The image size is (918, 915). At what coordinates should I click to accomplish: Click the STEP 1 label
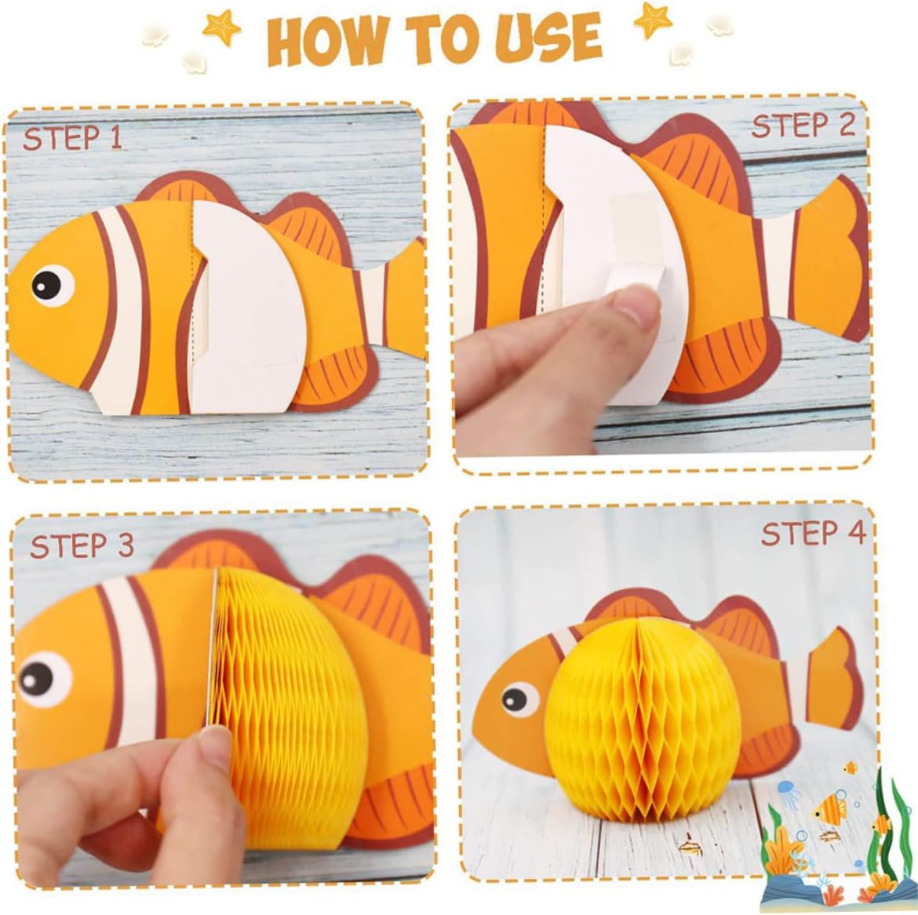pos(73,138)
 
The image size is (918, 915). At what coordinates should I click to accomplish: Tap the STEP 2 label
pos(803,126)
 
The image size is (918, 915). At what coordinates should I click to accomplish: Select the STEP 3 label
pos(82,545)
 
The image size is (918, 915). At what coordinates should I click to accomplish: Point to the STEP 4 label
pos(813,533)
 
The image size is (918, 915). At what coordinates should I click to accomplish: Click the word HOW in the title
pos(329,42)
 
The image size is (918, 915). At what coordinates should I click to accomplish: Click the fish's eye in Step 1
pos(52,285)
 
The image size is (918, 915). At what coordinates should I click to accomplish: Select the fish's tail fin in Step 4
pos(833,678)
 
